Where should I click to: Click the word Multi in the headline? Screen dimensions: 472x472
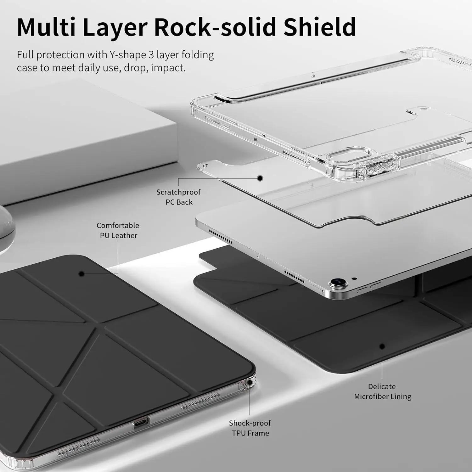[x=46, y=27]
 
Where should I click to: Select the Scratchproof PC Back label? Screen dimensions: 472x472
[x=178, y=197]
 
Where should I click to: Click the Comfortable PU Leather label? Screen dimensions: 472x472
[x=118, y=230]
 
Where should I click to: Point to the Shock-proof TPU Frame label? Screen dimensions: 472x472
[x=250, y=428]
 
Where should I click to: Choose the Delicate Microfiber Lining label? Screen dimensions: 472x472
[x=382, y=391]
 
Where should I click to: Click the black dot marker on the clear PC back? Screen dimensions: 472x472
[x=260, y=178]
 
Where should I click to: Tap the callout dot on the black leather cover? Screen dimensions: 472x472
[x=81, y=274]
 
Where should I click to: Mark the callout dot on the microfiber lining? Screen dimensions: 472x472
[x=382, y=346]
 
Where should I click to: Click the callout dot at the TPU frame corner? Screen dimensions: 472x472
[x=250, y=382]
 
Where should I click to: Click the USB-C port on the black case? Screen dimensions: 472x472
[x=141, y=424]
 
